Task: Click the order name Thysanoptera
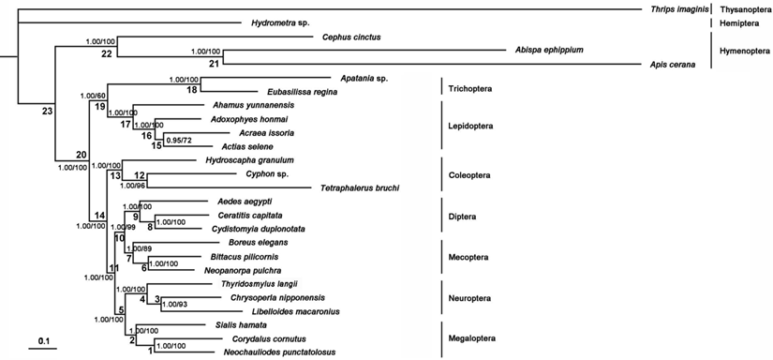742,9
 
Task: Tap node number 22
107,53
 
